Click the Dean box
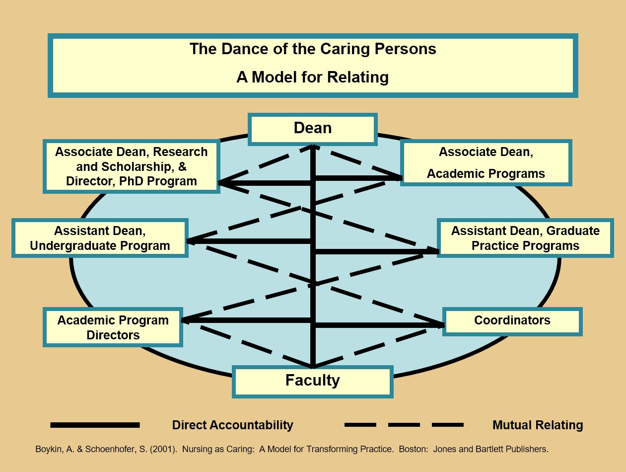click(312, 129)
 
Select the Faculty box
click(312, 381)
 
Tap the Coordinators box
click(512, 321)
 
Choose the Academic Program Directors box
click(113, 327)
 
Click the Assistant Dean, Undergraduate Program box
click(100, 238)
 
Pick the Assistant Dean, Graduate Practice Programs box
click(525, 238)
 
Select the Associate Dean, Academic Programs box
click(486, 162)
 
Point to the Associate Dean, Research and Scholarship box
click(132, 166)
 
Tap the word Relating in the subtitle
click(358, 78)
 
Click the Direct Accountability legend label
click(232, 425)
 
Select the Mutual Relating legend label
click(538, 425)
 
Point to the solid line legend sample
click(95, 425)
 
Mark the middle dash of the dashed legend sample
click(404, 425)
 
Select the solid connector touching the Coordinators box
click(380, 325)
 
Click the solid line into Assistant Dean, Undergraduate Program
click(249, 241)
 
